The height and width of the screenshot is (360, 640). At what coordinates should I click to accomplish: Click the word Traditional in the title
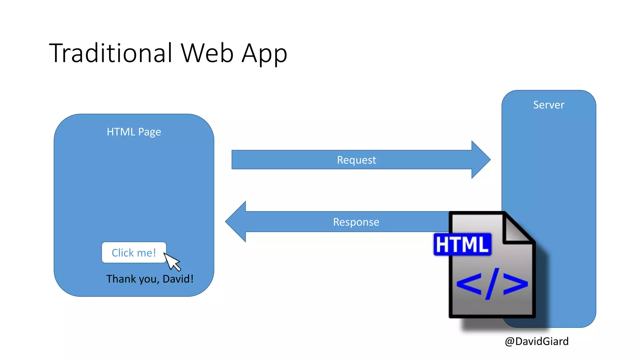[x=111, y=53]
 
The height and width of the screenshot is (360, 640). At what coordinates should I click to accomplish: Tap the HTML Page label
[x=134, y=132]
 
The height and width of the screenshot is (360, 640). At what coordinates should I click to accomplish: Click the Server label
[x=549, y=105]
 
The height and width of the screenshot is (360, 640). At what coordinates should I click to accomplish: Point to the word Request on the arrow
[x=356, y=160]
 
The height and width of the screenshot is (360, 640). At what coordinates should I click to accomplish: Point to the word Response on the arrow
[x=356, y=222]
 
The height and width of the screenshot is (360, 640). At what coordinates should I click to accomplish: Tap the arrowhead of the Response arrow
[x=236, y=222]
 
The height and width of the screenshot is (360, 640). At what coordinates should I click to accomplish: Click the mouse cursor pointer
[x=172, y=261]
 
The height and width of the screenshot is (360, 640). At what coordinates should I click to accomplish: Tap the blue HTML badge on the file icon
[x=462, y=244]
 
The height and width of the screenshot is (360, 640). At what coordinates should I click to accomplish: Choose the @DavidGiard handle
[x=537, y=341]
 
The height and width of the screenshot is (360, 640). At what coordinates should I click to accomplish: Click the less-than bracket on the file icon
[x=469, y=284]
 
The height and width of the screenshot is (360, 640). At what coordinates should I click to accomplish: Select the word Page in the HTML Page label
[x=149, y=132]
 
